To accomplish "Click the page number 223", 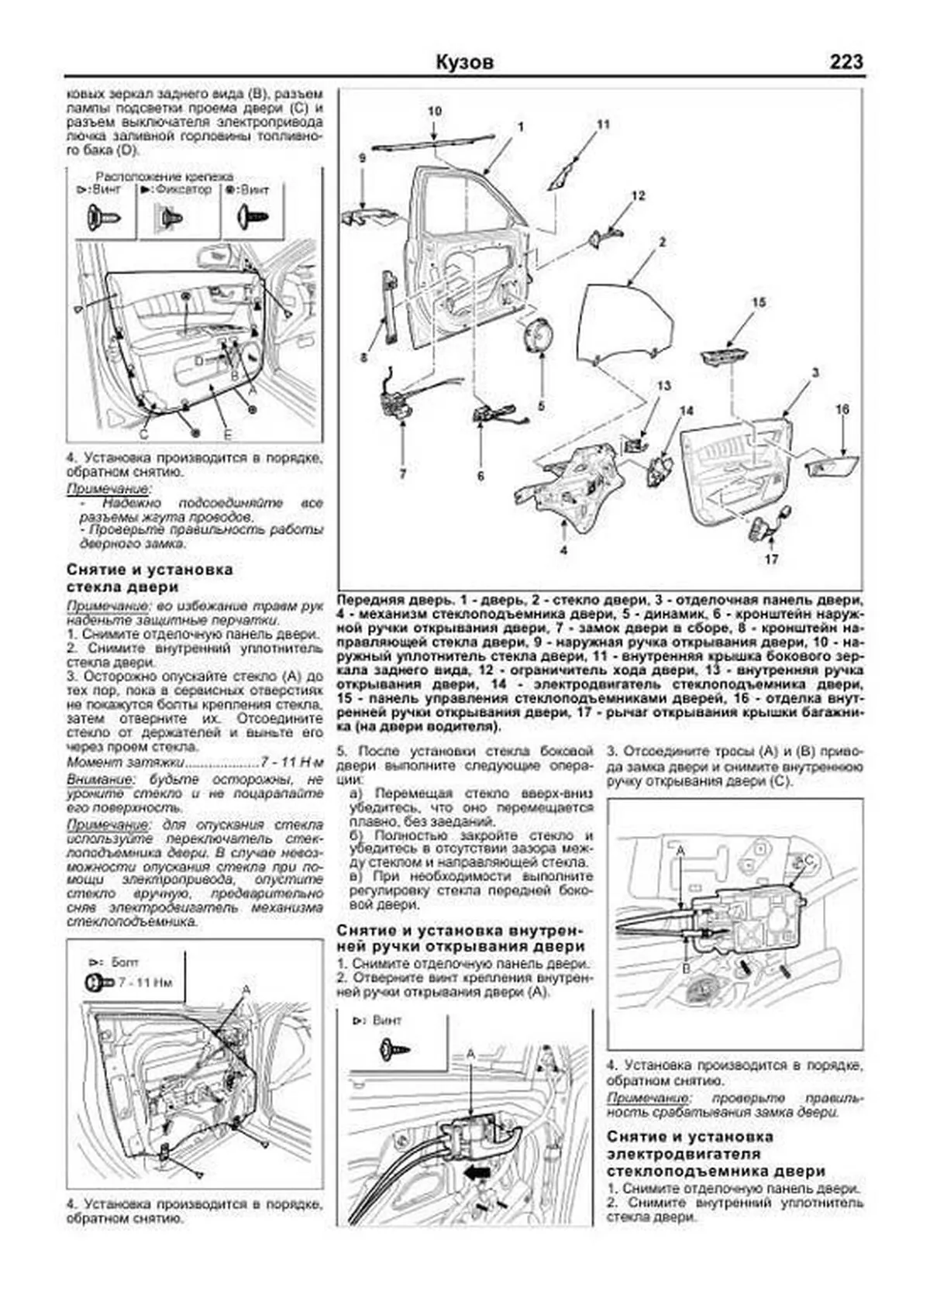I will coord(846,62).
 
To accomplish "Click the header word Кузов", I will coord(464,63).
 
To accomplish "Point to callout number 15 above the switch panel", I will coord(759,302).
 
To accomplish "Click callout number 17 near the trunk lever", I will coord(771,559).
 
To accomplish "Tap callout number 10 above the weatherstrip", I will coord(435,112).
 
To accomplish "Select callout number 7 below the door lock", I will coord(402,474).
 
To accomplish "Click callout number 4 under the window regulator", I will coord(563,550).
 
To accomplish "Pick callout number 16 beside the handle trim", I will coord(843,409).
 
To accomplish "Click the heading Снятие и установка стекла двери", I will coord(150,578).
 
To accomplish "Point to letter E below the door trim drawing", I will coord(228,434).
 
